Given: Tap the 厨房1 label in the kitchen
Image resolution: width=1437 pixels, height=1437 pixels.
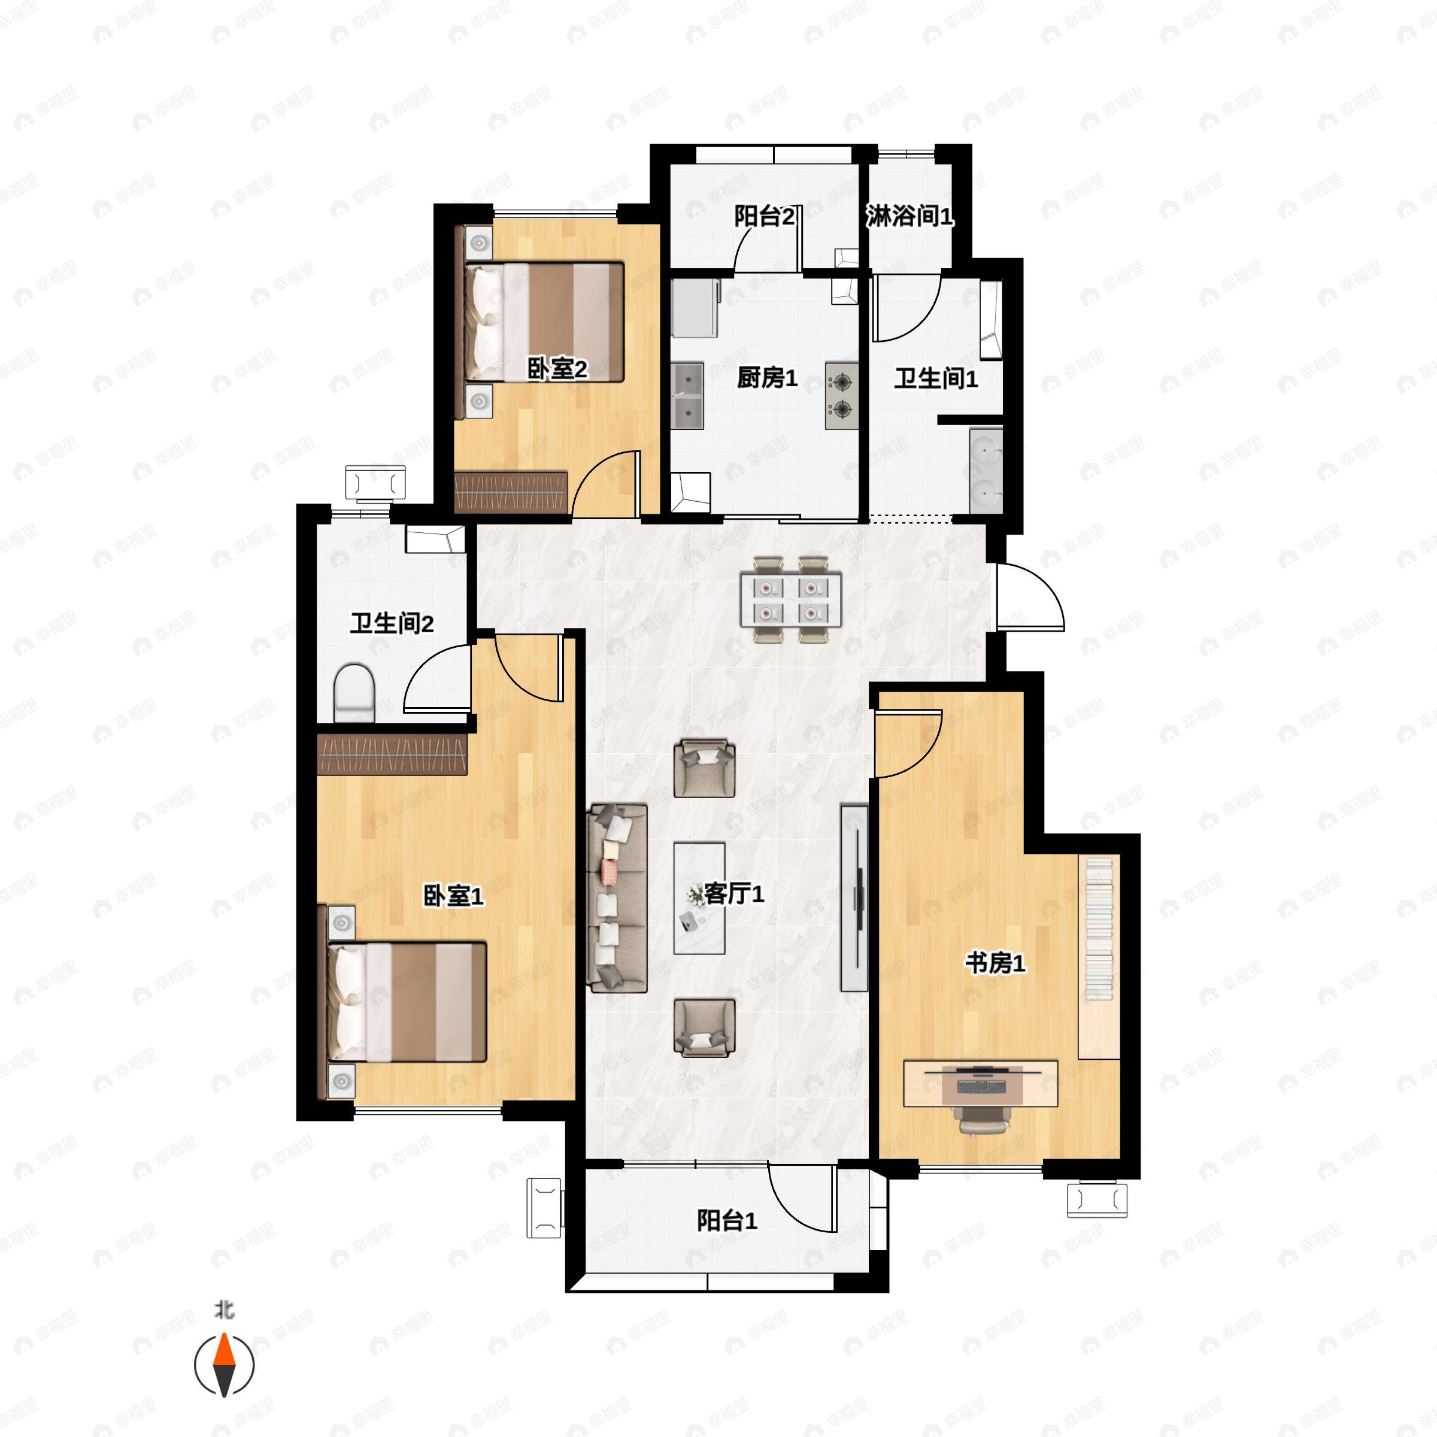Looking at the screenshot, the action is point(767,378).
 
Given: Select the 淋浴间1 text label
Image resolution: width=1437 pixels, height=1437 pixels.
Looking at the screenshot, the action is point(909,216).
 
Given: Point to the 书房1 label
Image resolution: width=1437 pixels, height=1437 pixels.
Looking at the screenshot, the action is point(995,963).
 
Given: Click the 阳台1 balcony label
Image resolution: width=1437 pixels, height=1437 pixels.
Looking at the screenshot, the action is point(727,1221).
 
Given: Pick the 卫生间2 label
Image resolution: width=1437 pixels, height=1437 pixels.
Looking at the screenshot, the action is point(392,623).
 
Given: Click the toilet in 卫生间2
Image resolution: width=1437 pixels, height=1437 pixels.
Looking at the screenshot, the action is point(353,693).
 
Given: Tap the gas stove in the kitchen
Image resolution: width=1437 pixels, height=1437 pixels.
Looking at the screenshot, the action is point(841,396).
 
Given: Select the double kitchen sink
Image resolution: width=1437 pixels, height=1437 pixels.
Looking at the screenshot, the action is point(688,396).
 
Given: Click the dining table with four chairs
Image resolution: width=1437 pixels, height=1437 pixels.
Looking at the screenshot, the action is point(790,599).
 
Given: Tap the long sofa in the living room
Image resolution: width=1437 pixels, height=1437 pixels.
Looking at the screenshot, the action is point(617,898).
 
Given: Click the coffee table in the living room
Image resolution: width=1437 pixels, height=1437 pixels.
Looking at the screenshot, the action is point(699,898).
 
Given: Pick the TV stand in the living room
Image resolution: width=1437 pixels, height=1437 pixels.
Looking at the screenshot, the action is point(854,898).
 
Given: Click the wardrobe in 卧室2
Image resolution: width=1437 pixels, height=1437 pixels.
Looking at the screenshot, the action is point(511,491).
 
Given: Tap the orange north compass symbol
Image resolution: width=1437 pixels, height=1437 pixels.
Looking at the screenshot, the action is point(224,1365).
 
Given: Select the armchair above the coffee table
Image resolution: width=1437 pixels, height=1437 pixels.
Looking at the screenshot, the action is point(704,768).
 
